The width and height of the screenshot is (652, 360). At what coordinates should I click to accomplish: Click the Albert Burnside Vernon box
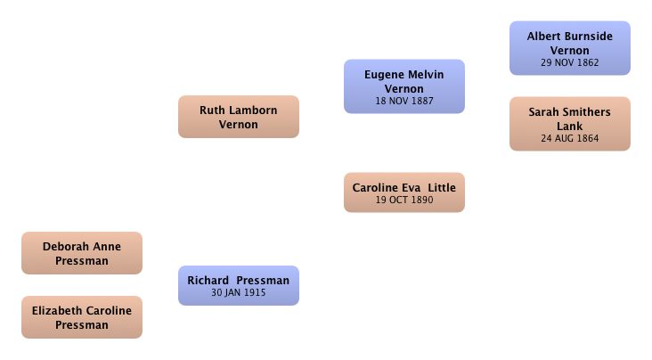click(x=570, y=48)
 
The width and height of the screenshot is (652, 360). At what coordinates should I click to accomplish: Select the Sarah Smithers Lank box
click(x=570, y=124)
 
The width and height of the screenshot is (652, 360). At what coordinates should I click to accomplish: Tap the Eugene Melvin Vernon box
click(x=404, y=86)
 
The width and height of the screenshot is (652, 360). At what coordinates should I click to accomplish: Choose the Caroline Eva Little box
click(x=404, y=192)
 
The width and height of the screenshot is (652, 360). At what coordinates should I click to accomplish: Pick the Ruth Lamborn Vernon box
click(x=239, y=117)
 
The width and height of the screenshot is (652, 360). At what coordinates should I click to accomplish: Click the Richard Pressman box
click(x=239, y=286)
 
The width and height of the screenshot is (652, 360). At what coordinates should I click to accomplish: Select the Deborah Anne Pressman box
click(x=82, y=253)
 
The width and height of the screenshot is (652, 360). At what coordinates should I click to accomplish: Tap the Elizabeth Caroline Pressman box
click(x=82, y=317)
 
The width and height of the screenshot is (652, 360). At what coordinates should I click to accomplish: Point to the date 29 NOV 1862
click(x=570, y=63)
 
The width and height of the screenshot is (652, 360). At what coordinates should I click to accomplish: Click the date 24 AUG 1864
click(x=570, y=139)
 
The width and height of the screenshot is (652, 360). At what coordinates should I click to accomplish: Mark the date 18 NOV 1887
click(x=404, y=101)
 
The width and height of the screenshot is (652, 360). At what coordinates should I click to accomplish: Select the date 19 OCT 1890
click(x=404, y=200)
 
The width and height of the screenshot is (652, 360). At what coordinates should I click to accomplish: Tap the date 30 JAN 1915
click(x=238, y=293)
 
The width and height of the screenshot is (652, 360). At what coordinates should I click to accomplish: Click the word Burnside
click(x=587, y=37)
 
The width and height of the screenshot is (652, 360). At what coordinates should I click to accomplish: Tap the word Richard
click(x=208, y=281)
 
